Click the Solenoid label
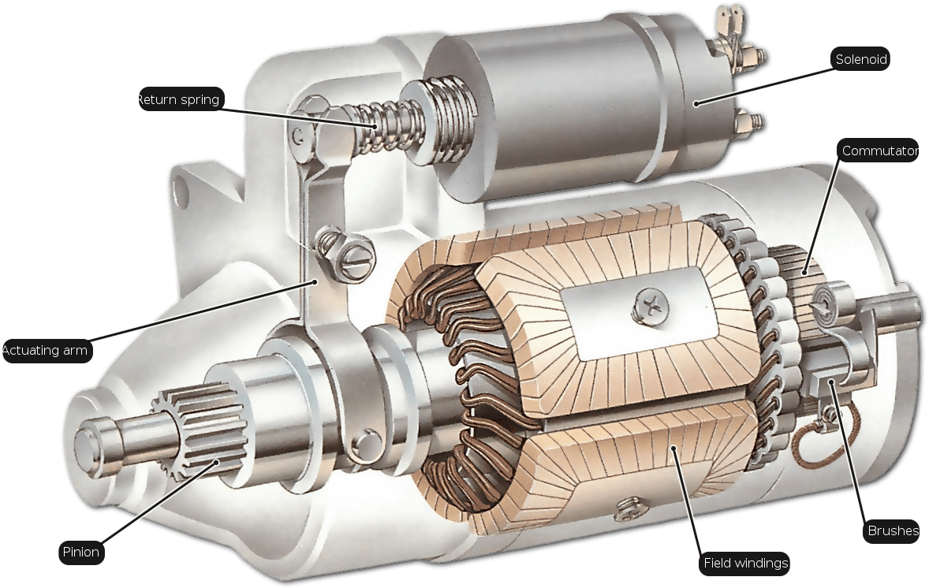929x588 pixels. point(861,59)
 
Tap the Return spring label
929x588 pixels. point(179,99)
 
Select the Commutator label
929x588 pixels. point(879,151)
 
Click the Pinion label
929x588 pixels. point(81,552)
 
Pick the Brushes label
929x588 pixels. point(892,530)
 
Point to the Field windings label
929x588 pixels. point(745,563)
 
